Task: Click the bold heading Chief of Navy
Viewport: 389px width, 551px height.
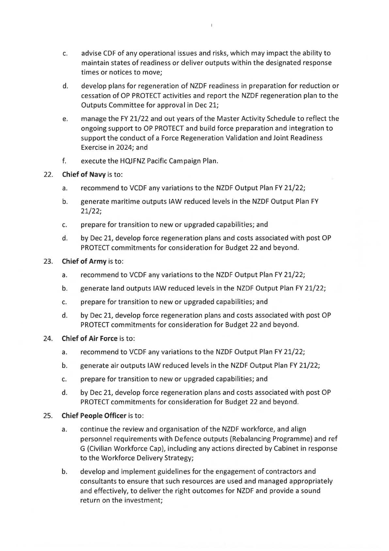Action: [x=84, y=175]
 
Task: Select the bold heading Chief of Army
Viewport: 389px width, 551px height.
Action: [x=84, y=261]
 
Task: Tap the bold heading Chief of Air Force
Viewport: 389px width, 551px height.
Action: [x=89, y=338]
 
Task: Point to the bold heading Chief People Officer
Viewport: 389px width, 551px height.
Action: [x=94, y=416]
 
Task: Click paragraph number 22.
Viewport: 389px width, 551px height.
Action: [x=48, y=175]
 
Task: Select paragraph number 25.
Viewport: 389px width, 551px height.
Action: [x=48, y=416]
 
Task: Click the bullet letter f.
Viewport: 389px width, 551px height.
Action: [x=65, y=161]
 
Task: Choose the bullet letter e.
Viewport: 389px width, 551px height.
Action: [x=65, y=119]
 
